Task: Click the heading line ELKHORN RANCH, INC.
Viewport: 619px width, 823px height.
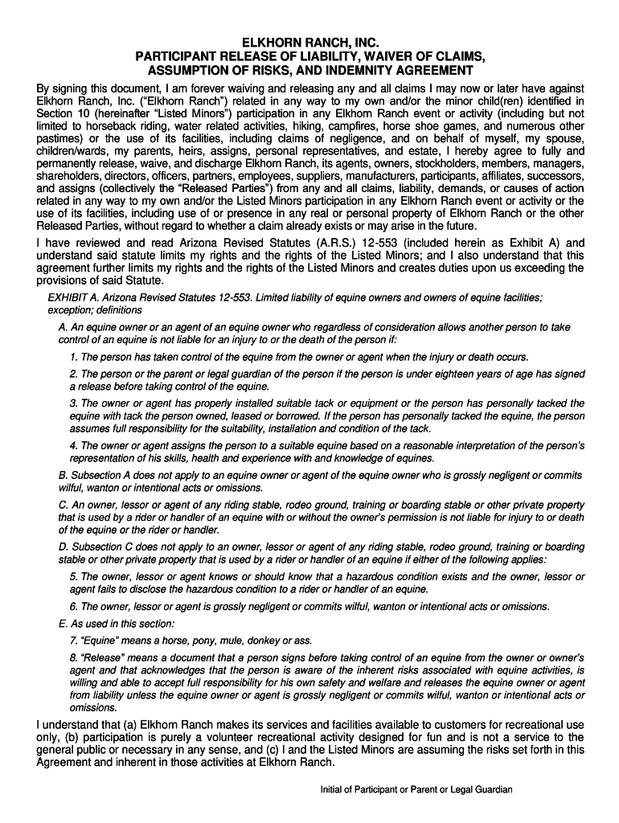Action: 310,42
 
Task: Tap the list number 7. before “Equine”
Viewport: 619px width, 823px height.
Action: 74,641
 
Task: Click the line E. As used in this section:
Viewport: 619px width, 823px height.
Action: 117,624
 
